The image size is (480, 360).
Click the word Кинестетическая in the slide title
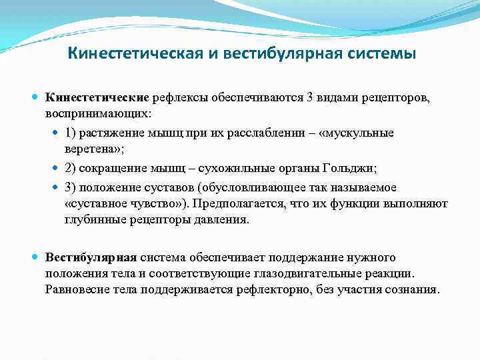pos(137,53)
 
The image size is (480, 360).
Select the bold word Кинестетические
pos(98,99)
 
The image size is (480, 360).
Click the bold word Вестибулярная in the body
pos(91,257)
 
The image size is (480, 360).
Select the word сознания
pos(412,290)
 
